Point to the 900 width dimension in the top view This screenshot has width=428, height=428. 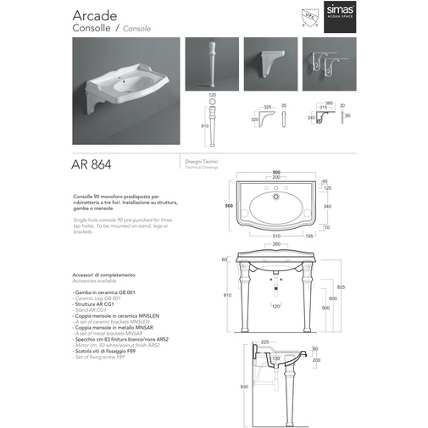click(275, 171)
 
